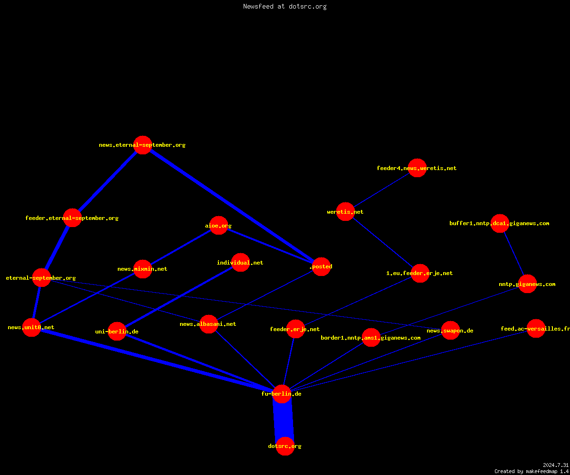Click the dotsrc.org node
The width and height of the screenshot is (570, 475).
tap(285, 446)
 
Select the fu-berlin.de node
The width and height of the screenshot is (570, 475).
tap(282, 394)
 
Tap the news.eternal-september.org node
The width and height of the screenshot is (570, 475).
tap(142, 145)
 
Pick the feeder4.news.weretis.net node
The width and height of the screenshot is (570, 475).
tap(417, 168)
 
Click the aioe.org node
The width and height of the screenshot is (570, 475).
tap(218, 226)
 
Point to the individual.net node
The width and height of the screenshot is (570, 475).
tap(240, 262)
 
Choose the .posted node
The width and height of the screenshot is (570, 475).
tap(321, 266)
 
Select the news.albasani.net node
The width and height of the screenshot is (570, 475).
tap(209, 324)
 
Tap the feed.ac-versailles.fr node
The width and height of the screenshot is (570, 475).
tap(536, 328)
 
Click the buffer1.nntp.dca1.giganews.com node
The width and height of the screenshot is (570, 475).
tap(500, 223)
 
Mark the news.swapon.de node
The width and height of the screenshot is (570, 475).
tap(450, 330)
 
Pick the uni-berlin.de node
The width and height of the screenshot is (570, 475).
tap(117, 332)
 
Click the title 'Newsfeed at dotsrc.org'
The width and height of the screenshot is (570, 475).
tap(285, 6)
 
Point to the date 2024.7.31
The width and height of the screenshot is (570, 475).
tap(556, 465)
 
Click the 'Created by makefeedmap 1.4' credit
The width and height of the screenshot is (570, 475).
tap(531, 471)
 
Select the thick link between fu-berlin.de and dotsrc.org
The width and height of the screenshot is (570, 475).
tap(284, 420)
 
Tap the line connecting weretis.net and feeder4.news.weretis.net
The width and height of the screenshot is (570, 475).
tap(381, 190)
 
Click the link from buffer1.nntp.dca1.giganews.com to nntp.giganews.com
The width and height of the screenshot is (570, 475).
tap(514, 254)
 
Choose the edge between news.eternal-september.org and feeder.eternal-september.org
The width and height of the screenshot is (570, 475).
tap(107, 181)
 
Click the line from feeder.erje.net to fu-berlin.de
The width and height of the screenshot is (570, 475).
tap(289, 361)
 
